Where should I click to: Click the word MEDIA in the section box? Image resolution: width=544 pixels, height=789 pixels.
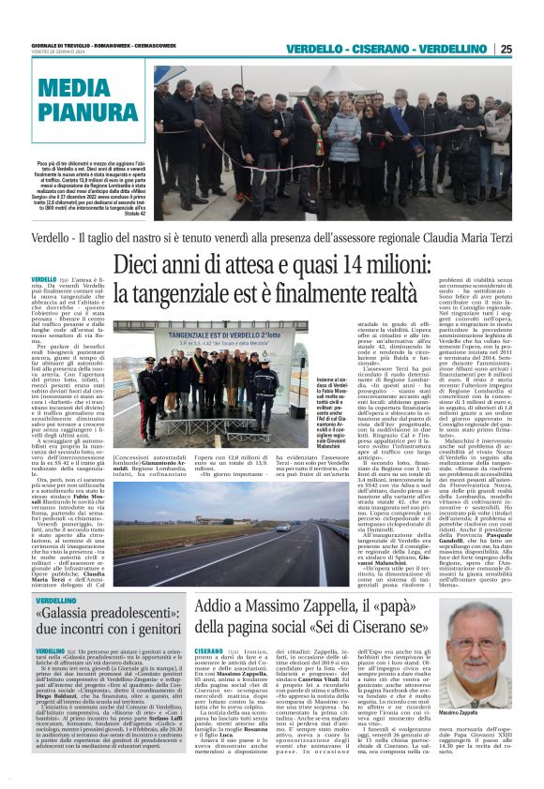coord(74,90)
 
